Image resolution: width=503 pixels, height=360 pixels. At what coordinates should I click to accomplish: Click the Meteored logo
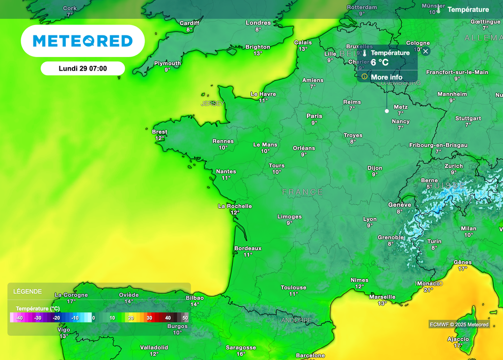click(x=83, y=41)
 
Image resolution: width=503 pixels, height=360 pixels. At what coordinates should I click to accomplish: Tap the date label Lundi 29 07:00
click(x=83, y=69)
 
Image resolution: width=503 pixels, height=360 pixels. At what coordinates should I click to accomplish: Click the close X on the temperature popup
click(x=426, y=51)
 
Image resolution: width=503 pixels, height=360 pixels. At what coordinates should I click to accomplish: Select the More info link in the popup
click(x=386, y=77)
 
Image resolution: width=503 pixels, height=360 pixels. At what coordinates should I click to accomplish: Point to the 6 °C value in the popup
click(x=380, y=62)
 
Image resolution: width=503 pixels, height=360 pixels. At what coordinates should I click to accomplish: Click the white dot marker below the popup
click(x=387, y=111)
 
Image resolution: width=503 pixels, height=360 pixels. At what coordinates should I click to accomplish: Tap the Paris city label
click(x=314, y=116)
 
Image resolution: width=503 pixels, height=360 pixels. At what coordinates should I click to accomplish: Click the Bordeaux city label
click(x=248, y=249)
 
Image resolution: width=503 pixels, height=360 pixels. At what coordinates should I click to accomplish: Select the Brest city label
click(x=160, y=132)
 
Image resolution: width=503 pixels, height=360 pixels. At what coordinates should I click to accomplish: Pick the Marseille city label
click(x=382, y=297)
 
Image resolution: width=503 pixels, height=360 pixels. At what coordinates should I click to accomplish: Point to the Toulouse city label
click(x=293, y=287)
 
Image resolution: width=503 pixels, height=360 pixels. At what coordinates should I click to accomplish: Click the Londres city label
click(x=258, y=23)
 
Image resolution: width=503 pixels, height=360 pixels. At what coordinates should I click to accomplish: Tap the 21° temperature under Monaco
click(x=428, y=290)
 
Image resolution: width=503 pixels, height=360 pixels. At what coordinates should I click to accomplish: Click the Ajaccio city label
click(x=458, y=339)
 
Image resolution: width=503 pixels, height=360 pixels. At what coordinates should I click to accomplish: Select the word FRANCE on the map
click(x=303, y=192)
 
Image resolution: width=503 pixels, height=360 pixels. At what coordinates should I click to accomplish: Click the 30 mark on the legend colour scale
click(x=149, y=318)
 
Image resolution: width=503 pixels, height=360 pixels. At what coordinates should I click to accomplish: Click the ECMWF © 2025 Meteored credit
click(x=459, y=324)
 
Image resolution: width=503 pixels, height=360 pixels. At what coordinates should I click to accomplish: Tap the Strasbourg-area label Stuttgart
click(x=468, y=118)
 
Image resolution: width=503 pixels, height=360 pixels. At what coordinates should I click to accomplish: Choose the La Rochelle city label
click(x=235, y=206)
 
